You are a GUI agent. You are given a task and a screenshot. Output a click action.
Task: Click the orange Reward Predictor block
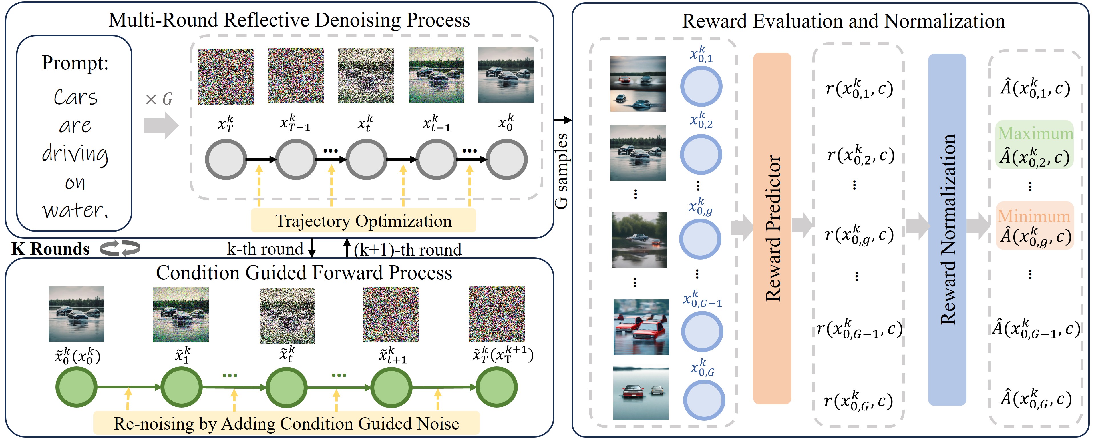(x=772, y=228)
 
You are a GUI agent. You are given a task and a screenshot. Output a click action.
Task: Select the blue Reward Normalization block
(x=947, y=230)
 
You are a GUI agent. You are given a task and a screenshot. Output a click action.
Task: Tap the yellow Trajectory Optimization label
(x=363, y=221)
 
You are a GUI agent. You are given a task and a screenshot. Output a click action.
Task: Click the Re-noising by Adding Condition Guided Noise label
(x=286, y=423)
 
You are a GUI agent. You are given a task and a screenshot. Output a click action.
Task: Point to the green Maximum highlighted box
(x=1035, y=144)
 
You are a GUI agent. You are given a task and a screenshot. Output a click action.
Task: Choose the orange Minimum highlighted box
(x=1035, y=226)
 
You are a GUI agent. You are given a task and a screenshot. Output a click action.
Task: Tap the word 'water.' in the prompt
(x=75, y=210)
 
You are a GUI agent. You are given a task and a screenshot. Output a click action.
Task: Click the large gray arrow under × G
(x=161, y=125)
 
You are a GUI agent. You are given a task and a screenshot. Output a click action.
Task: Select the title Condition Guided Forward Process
(x=304, y=272)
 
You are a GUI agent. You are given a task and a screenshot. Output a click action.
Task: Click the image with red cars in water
(x=641, y=327)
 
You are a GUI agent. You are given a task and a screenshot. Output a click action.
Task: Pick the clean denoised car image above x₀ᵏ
(x=506, y=75)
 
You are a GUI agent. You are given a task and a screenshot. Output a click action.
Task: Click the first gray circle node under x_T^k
(x=226, y=160)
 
